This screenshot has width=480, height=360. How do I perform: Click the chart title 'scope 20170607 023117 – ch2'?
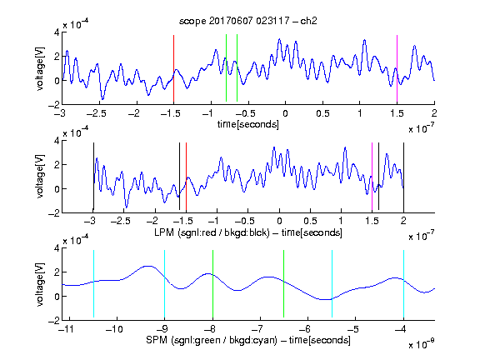tap(248, 21)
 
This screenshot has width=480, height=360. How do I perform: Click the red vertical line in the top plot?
tap(173, 68)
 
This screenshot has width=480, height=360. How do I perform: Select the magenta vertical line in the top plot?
tap(397, 68)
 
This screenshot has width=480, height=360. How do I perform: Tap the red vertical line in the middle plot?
tap(186, 177)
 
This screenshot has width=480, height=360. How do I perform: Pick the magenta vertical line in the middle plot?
tap(372, 177)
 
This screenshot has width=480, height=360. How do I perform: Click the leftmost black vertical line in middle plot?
tap(93, 177)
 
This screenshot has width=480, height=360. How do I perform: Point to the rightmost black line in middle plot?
tap(403, 177)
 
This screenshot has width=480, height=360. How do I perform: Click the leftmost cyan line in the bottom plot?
tap(93, 284)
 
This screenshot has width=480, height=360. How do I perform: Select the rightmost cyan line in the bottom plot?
tap(403, 284)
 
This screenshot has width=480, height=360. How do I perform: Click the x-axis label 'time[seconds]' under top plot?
tap(248, 124)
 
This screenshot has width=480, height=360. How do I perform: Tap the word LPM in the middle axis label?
tap(164, 232)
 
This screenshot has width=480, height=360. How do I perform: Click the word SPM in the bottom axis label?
tap(157, 340)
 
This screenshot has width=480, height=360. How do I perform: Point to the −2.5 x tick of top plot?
tap(97, 113)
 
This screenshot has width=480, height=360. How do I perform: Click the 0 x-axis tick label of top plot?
tap(285, 113)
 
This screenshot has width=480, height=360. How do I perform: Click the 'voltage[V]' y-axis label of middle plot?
tap(40, 177)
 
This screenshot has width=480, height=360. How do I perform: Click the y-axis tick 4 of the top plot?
tap(57, 32)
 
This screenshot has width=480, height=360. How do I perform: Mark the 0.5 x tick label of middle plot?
tap(310, 221)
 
